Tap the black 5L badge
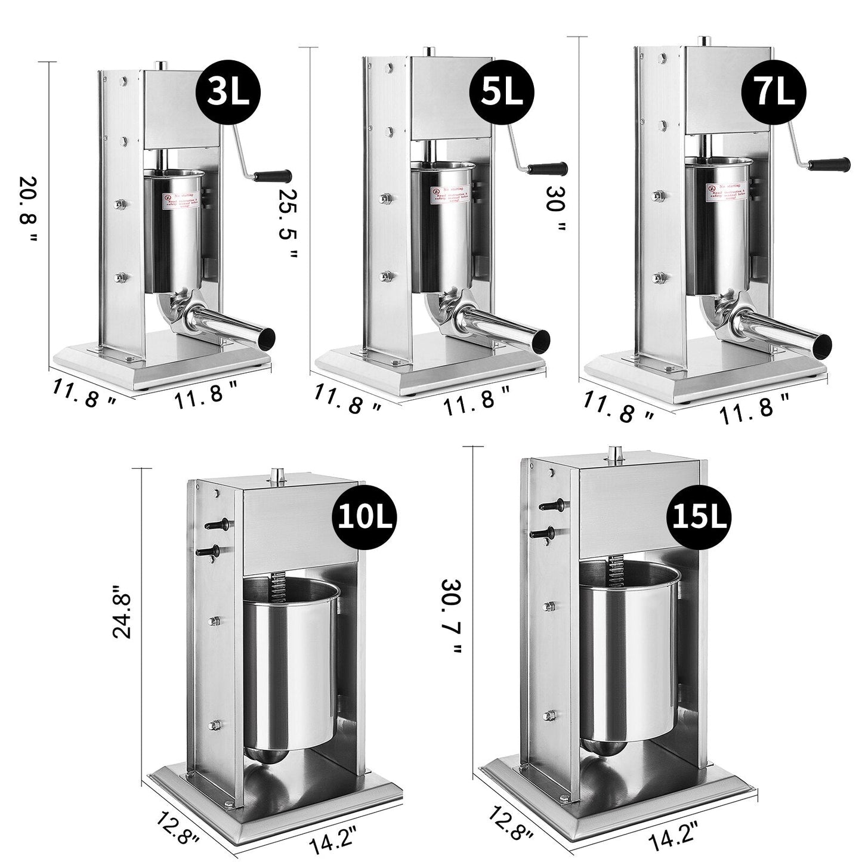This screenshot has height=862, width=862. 501,91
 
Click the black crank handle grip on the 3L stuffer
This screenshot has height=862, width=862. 272,175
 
